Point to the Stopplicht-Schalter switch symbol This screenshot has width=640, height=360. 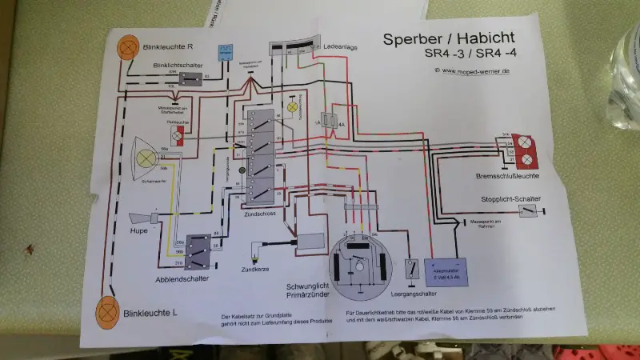coord(528,211)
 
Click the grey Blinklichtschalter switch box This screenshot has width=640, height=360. coord(193,78)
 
